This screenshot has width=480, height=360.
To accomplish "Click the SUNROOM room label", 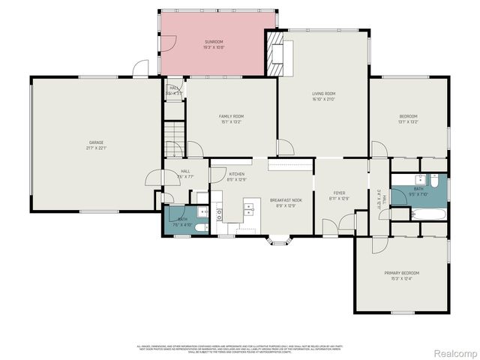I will [x=214, y=42].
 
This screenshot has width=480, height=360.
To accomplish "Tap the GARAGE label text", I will [x=96, y=142].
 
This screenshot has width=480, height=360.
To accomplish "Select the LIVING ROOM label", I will [x=323, y=94].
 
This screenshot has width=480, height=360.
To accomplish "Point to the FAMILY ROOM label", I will [x=231, y=116].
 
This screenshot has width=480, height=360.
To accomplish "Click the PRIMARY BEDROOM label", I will [x=401, y=273].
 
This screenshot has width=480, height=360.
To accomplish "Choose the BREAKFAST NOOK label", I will [x=286, y=200].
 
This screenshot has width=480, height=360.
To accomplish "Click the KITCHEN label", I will [x=236, y=174].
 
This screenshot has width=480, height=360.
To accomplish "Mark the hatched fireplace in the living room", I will [x=275, y=53].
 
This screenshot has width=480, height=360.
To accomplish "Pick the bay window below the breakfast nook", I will [x=280, y=240].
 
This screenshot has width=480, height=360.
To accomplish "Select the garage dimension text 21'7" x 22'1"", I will [x=96, y=148].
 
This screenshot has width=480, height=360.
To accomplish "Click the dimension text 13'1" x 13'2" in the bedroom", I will [x=408, y=121].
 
